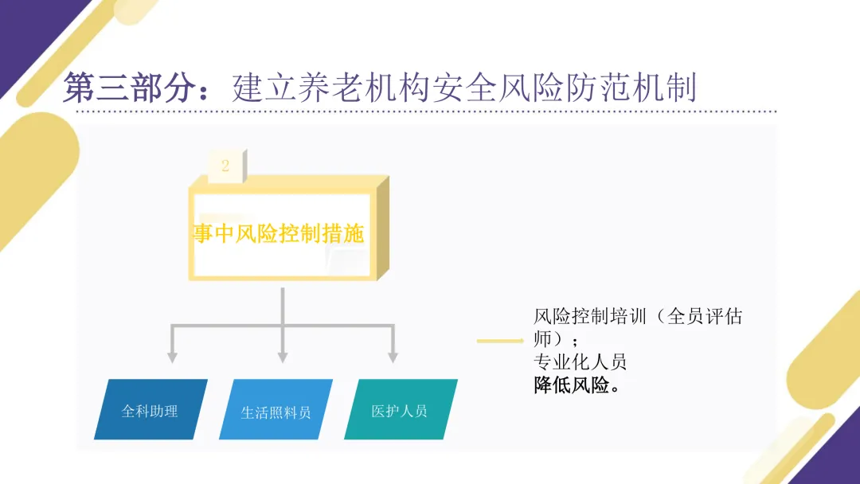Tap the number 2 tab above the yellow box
tap(225, 166)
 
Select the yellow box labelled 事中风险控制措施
tap(279, 233)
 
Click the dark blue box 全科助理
tap(150, 411)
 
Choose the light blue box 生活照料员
tap(276, 412)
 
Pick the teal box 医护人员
tap(400, 411)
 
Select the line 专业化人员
tap(580, 362)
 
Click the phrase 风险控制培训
tap(590, 317)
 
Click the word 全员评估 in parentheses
tap(704, 317)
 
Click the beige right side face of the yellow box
tap(381, 231)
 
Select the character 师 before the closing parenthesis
tap(541, 339)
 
